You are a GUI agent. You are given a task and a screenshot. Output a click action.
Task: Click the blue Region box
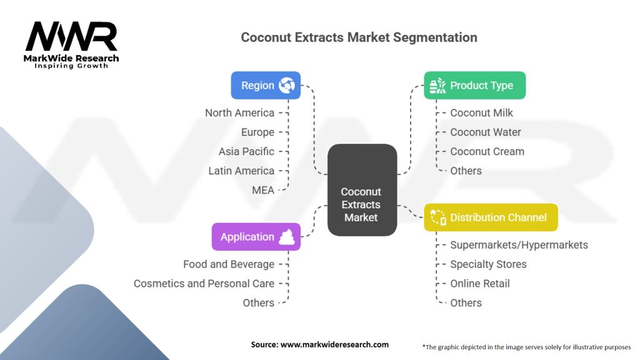[266, 85]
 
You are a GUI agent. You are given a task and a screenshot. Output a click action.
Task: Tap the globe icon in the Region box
[286, 85]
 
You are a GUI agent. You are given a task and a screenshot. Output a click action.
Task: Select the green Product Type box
[475, 85]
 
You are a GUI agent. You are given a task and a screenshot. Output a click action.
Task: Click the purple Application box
[256, 237]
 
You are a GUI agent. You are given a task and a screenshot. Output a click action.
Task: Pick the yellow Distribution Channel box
[491, 217]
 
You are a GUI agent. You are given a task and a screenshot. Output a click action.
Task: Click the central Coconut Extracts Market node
[362, 190]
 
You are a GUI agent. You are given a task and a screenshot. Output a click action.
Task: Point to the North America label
[239, 112]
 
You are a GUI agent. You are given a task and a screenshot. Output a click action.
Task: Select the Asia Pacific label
[246, 151]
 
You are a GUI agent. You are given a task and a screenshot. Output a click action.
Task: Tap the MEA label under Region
[263, 190]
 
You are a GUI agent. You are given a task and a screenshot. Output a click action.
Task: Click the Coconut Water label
[485, 132]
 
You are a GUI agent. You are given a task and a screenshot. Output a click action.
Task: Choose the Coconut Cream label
[487, 151]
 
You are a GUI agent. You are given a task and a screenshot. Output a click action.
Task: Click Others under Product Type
[466, 171]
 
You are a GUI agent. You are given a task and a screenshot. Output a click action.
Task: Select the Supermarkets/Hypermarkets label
[519, 245]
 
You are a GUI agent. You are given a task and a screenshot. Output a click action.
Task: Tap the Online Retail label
[479, 284]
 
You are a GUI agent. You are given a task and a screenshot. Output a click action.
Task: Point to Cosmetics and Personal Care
[204, 284]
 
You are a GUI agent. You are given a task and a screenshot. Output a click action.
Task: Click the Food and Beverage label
[229, 264]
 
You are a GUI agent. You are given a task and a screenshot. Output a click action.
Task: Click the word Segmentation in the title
[435, 37]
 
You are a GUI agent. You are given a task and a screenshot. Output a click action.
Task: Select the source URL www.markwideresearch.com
[334, 344]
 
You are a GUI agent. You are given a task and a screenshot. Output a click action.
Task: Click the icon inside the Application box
[286, 237]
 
